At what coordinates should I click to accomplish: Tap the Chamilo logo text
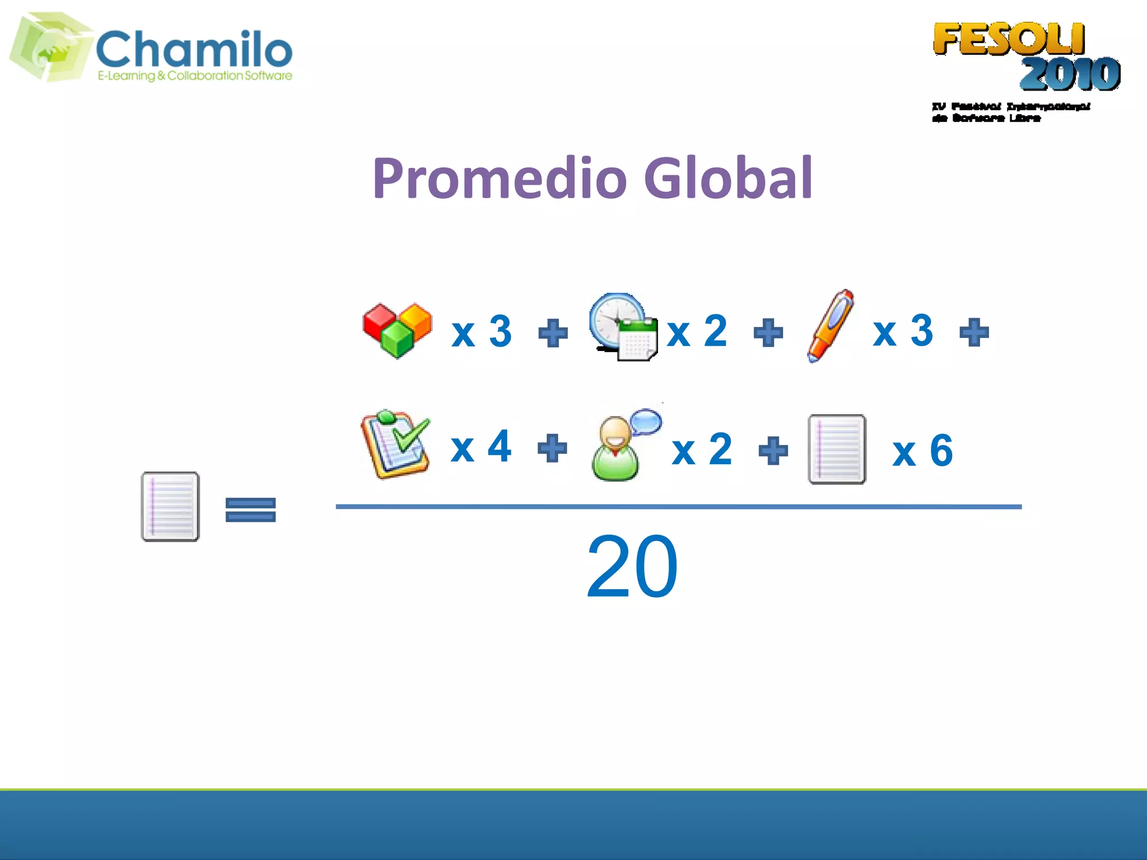coord(194,49)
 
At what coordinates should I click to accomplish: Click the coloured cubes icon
coord(397,330)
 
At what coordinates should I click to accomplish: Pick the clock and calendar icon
coord(623,327)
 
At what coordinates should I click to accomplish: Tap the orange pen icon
coord(830,326)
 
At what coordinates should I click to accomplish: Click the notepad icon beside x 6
coord(837,450)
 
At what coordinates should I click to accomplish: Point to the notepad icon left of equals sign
coord(170,507)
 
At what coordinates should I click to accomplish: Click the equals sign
coord(250,510)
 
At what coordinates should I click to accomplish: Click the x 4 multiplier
coord(481,447)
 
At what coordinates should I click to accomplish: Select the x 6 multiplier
coord(922,451)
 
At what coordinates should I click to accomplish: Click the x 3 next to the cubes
coord(481,331)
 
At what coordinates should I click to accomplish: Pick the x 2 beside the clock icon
coord(697,331)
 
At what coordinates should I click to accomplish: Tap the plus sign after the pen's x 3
coord(974,333)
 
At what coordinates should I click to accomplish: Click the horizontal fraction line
coord(678,507)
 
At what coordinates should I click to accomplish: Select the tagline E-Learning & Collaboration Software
coord(195,76)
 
